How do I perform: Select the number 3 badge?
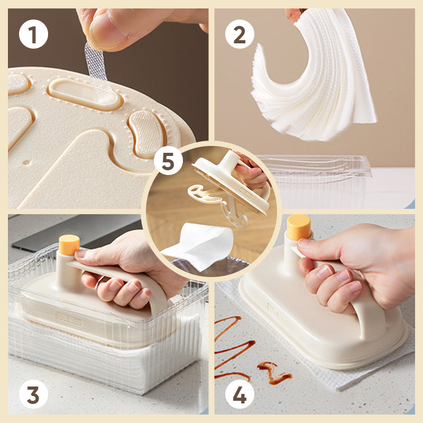(33, 394)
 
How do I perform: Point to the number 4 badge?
(240, 394)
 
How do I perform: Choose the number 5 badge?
(168, 162)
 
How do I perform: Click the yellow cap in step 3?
(69, 244)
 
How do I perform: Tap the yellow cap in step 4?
(298, 226)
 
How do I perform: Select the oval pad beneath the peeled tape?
(85, 94)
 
